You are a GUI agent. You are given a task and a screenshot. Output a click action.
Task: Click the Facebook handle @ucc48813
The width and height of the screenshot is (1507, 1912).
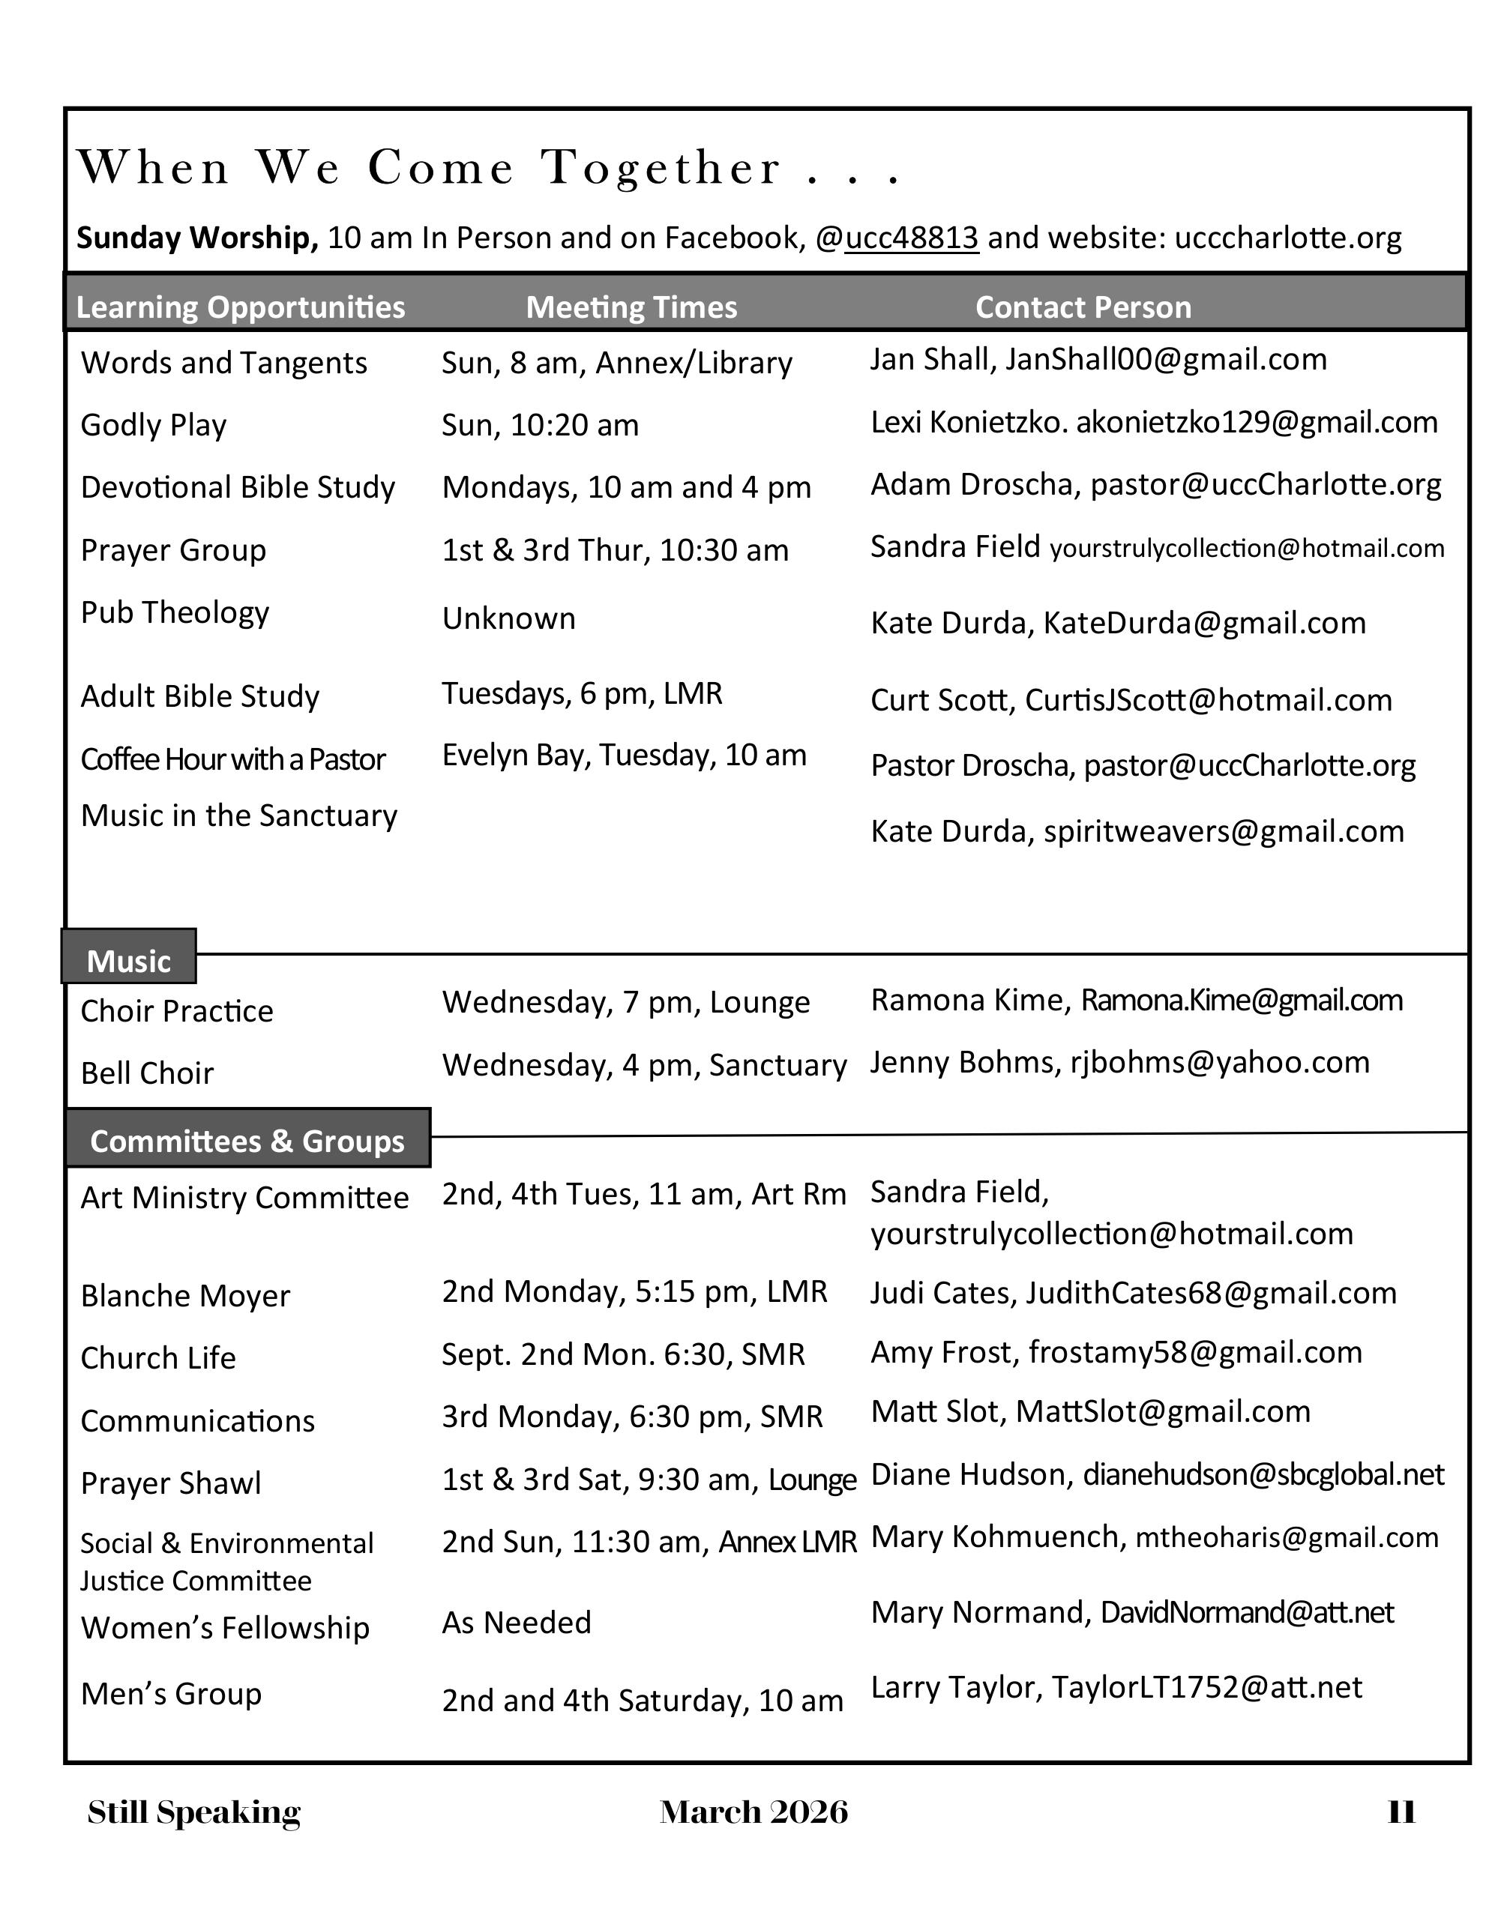(x=897, y=238)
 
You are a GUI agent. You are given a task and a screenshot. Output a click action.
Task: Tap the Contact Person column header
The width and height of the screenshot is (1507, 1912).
(x=1083, y=307)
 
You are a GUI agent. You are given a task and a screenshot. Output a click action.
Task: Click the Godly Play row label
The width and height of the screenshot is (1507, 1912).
(x=154, y=425)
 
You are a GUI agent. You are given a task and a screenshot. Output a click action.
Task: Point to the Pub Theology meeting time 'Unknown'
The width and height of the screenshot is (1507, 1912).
(x=508, y=619)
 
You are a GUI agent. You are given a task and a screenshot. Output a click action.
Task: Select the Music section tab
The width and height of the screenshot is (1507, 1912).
(x=129, y=960)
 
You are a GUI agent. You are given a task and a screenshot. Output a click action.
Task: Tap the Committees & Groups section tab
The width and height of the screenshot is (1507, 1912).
(x=247, y=1140)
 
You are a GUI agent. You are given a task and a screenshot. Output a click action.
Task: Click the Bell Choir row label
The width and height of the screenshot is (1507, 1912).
(x=148, y=1073)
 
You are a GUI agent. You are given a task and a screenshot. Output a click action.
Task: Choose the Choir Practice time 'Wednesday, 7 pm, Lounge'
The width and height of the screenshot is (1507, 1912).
(x=625, y=1003)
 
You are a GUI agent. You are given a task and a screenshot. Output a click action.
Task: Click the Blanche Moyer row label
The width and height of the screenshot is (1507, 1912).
(x=185, y=1296)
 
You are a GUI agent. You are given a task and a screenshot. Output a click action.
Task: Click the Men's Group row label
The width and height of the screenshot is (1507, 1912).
(x=171, y=1694)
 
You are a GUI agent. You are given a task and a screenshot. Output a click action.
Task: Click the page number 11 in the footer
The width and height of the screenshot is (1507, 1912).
(x=1401, y=1812)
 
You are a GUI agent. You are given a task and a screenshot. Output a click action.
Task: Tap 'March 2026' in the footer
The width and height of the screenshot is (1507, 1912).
(x=753, y=1812)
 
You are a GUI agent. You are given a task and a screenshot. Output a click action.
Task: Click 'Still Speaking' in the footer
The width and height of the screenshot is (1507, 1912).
(x=194, y=1812)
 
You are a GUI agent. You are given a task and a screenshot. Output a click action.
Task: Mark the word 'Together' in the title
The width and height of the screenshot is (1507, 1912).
(x=662, y=169)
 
